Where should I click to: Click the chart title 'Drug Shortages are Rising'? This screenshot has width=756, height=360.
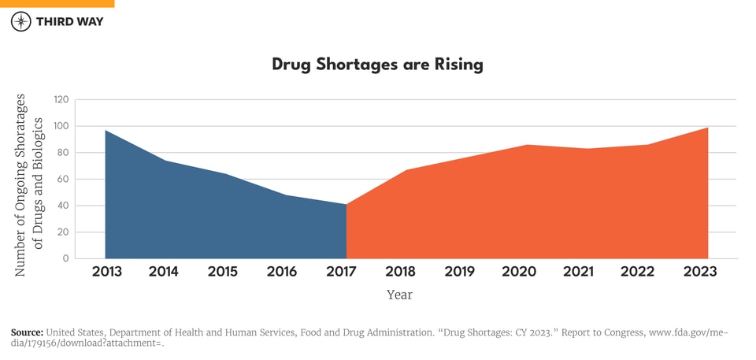377,65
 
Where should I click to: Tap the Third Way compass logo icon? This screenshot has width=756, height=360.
21,21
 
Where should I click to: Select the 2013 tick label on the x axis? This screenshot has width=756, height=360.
105,272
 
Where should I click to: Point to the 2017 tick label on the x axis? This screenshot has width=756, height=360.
341,272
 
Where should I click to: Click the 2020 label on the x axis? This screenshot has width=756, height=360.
519,272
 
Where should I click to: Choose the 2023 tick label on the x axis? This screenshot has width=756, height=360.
700,272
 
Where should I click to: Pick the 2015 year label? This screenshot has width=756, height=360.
223,272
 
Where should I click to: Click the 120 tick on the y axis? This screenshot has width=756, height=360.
61,100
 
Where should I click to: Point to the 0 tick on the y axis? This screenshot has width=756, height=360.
66,258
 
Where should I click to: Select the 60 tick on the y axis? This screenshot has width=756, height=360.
62,180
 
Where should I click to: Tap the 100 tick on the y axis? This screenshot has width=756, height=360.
61,126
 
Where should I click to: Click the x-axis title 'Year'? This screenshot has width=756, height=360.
399,295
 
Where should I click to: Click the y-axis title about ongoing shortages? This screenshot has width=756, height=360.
29,184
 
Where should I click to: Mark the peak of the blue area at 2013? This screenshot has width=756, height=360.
106,131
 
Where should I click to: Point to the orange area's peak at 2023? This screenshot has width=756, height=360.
707,128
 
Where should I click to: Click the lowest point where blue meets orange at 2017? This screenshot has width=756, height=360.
346,205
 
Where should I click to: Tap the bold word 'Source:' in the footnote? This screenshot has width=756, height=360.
27,332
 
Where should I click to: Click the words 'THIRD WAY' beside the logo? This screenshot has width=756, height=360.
69,21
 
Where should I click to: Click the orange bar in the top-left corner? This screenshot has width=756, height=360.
57,3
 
